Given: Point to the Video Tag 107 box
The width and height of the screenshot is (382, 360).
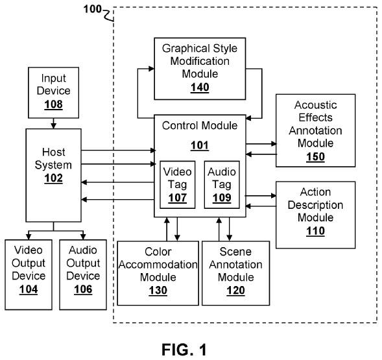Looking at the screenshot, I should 178,184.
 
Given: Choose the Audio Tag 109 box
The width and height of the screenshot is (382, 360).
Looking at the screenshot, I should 222,184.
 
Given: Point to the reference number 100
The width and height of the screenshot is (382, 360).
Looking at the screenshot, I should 92,10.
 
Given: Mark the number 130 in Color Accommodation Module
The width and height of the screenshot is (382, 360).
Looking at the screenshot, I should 158,291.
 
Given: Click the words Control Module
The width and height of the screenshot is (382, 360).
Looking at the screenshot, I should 200,126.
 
